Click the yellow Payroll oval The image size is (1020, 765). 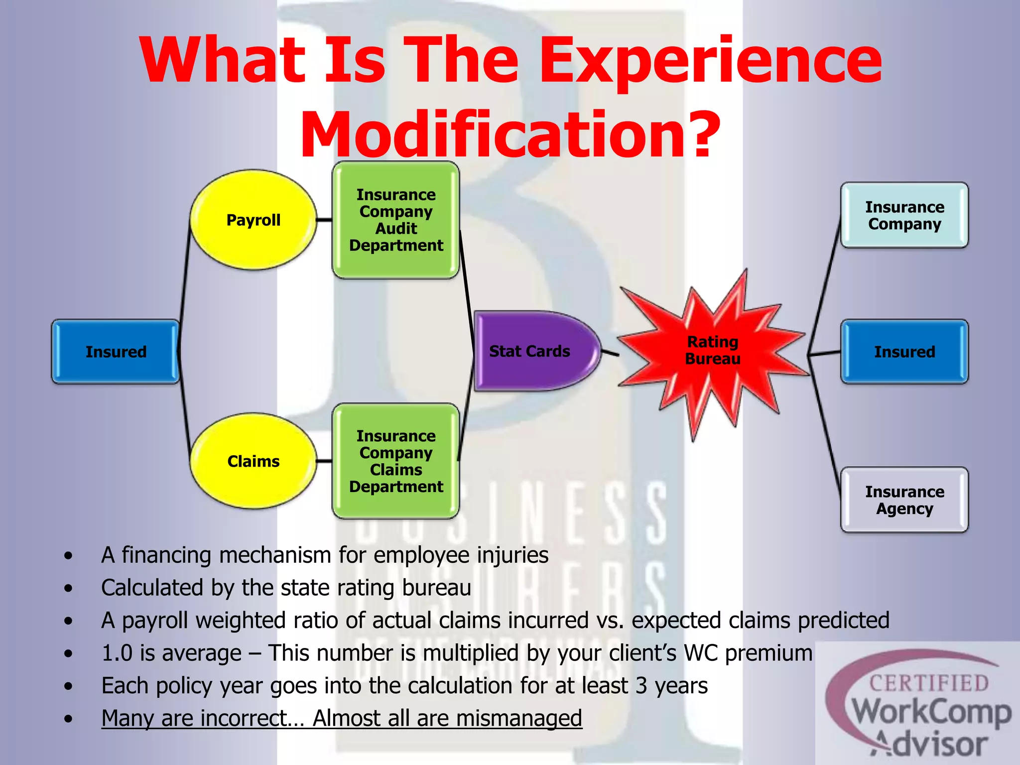(x=254, y=220)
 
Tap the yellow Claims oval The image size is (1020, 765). (x=254, y=461)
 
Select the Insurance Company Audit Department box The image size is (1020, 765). (x=396, y=220)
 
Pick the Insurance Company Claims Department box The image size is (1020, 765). (x=396, y=461)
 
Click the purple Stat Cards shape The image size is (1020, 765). (x=533, y=351)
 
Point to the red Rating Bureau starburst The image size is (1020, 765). (x=712, y=350)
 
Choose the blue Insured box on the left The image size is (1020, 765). (x=116, y=352)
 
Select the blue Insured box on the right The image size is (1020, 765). (x=904, y=352)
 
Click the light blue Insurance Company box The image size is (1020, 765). (x=904, y=215)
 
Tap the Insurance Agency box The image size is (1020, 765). (x=904, y=500)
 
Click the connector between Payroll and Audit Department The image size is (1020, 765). (x=324, y=220)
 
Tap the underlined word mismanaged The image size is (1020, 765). (x=519, y=718)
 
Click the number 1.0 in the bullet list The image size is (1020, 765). (x=117, y=653)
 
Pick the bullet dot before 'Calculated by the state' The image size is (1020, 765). (x=68, y=588)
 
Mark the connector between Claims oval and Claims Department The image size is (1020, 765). (x=324, y=461)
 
